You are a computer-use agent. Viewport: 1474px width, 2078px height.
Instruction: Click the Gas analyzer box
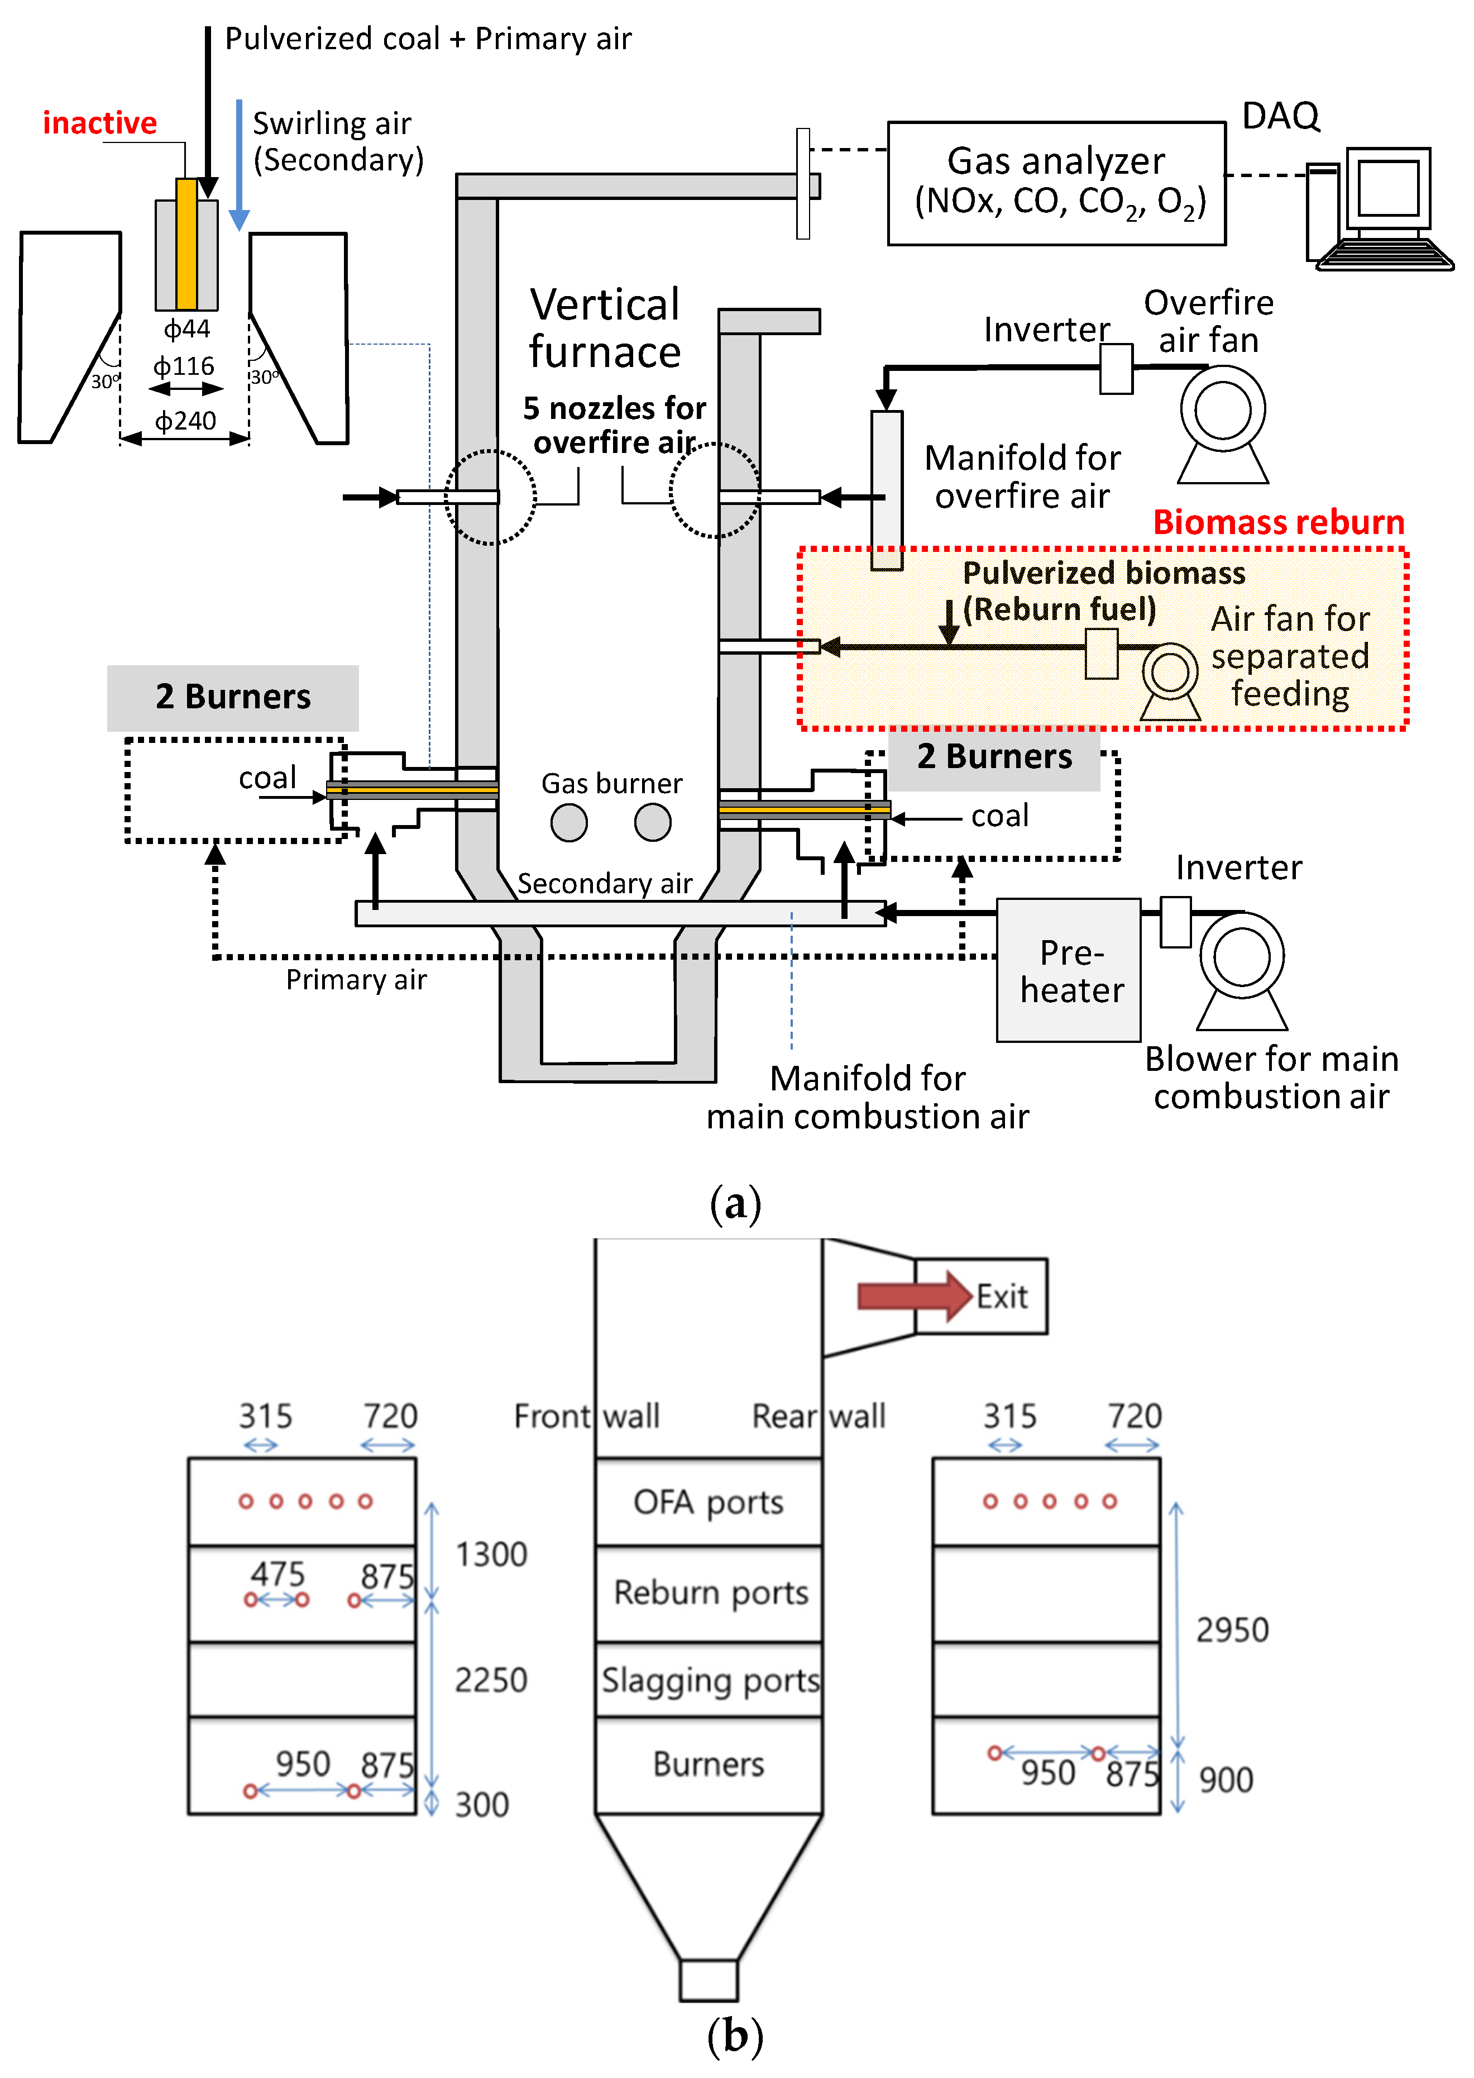tap(1056, 183)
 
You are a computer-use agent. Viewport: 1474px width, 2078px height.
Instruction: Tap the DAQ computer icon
tap(1380, 209)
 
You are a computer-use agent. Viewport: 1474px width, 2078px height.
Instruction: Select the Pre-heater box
tap(1068, 970)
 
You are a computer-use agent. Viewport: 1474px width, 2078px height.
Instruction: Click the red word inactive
tap(100, 122)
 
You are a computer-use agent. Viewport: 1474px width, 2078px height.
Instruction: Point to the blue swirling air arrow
tap(239, 165)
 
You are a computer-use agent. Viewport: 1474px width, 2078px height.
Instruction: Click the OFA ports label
tap(708, 1503)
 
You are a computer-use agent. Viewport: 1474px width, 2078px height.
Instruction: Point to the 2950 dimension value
tap(1232, 1629)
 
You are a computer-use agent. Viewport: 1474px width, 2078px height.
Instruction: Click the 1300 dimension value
tap(491, 1554)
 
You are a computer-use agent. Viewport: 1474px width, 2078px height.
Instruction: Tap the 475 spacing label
tap(277, 1573)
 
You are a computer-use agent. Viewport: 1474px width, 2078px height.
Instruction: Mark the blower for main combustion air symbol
tap(1242, 970)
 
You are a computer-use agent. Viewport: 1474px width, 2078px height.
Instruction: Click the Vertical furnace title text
tap(605, 328)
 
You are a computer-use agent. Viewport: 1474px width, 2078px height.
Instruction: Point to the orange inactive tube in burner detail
tap(187, 244)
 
